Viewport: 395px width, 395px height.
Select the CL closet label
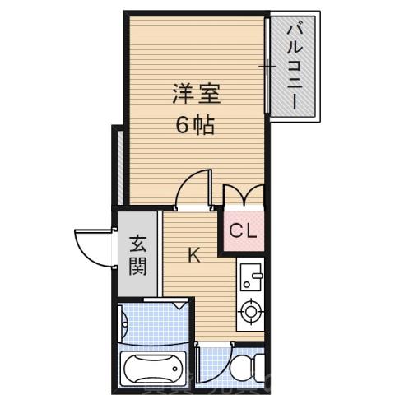click(x=243, y=230)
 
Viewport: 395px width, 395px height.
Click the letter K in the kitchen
click(x=194, y=255)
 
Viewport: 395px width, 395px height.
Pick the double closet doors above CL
click(x=243, y=195)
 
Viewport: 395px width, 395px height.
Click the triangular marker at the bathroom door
click(x=179, y=304)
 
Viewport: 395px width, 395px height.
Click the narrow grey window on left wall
click(x=119, y=165)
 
